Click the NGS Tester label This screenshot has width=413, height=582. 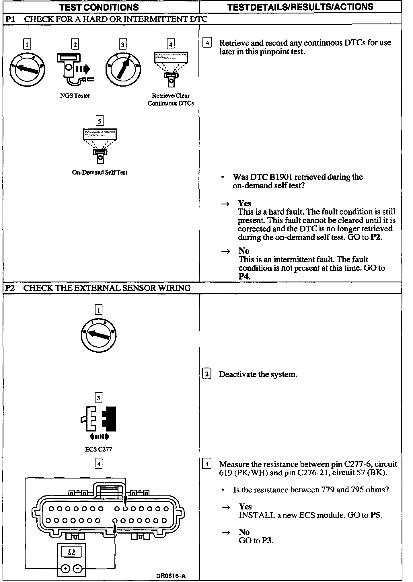[x=75, y=96]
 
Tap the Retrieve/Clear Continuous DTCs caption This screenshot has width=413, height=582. [x=171, y=99]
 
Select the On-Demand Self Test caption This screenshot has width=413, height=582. [x=100, y=172]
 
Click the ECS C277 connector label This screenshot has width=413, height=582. [x=98, y=449]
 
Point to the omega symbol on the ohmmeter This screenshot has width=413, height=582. [x=72, y=552]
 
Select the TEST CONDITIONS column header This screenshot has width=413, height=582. [x=99, y=7]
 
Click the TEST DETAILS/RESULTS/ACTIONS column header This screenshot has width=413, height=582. [x=300, y=7]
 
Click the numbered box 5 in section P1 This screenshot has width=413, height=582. [x=100, y=121]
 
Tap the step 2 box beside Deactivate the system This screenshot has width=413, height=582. [x=206, y=374]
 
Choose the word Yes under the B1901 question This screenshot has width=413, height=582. [x=244, y=203]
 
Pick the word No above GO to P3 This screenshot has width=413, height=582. [x=244, y=532]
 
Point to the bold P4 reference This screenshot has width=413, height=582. [x=244, y=276]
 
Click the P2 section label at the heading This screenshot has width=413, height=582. [x=10, y=288]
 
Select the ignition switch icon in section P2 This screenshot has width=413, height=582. [x=98, y=335]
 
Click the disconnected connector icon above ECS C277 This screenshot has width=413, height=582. [x=98, y=419]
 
